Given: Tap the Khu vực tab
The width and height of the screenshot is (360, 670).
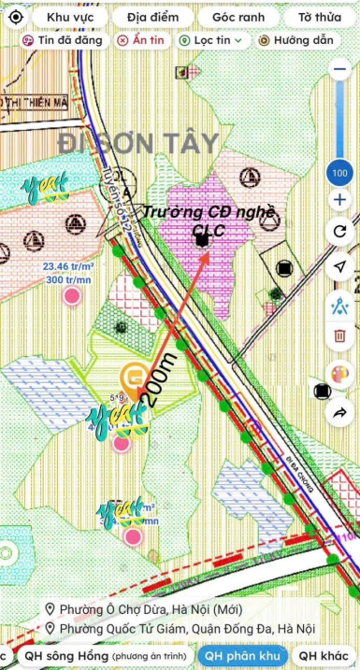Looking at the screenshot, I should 69,18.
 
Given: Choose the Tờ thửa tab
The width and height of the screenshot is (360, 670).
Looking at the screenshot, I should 319,18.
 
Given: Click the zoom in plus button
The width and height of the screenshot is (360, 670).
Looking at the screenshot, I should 338,200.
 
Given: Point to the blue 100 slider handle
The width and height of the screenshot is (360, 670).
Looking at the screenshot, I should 338,173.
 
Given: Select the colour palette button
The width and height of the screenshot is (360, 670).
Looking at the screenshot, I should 338,373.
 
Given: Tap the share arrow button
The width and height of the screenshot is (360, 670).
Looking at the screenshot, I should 338,412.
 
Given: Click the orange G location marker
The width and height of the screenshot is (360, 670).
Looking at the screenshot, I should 133,378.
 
